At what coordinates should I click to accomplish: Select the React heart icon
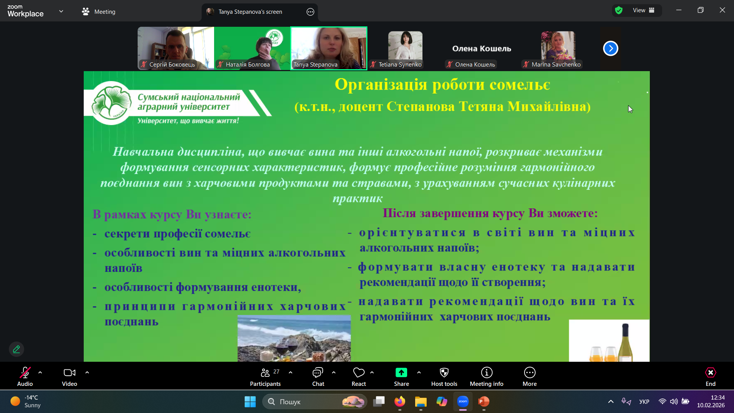click(359, 373)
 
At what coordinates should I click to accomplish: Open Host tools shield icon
click(444, 373)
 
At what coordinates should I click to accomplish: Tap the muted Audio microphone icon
click(25, 373)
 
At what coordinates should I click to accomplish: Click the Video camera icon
click(69, 373)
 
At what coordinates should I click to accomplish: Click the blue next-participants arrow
click(611, 49)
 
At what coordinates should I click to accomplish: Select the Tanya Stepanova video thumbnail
click(329, 48)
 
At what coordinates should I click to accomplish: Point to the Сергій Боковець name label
click(172, 65)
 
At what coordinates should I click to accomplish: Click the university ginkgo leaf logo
click(111, 103)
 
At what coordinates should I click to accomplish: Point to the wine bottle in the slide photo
click(625, 342)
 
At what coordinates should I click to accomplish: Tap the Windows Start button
click(250, 402)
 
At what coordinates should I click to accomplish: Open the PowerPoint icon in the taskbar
click(484, 402)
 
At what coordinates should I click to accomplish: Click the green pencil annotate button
click(16, 349)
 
